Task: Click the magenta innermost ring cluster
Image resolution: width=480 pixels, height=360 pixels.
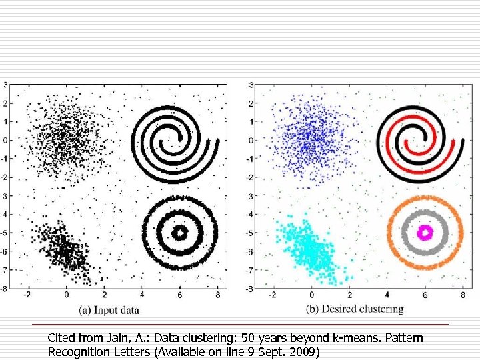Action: pos(425,232)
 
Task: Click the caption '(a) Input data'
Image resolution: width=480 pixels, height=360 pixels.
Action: pos(109,309)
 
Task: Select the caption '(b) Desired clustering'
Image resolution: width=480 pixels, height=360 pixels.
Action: pos(355,309)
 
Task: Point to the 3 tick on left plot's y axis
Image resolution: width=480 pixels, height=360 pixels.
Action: pos(5,85)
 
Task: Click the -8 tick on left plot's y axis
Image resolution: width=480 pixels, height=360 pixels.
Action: pos(4,289)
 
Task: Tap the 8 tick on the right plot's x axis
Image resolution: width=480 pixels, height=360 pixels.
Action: pos(463,295)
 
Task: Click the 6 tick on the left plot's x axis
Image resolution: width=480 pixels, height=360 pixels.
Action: pos(180,295)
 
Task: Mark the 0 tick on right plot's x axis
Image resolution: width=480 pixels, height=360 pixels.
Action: pos(311,295)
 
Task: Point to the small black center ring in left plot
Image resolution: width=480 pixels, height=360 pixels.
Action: pos(180,233)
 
